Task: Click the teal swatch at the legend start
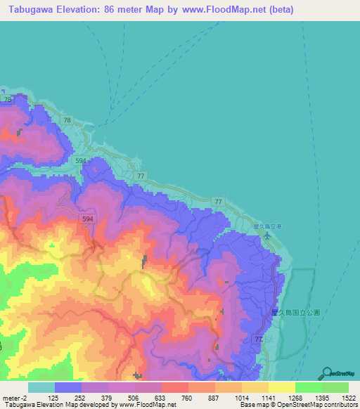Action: click(41, 387)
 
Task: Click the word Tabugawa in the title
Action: click(31, 10)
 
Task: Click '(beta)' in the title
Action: click(278, 10)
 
